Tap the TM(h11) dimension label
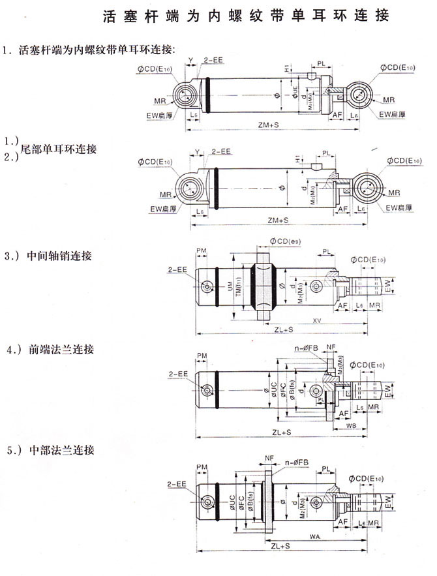pos(239,288)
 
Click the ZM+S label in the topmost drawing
pos(268,123)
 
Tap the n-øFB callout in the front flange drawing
pos(305,349)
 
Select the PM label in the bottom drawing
pos(202,467)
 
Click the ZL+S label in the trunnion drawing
pos(282,330)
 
